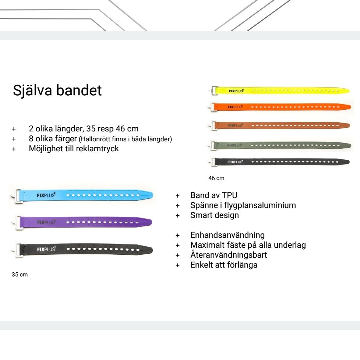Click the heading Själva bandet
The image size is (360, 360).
pyautogui.click(x=57, y=90)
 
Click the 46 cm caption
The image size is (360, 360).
pyautogui.click(x=216, y=178)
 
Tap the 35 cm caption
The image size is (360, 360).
pyautogui.click(x=20, y=274)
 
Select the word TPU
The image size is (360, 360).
pyautogui.click(x=230, y=195)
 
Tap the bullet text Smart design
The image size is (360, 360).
pyautogui.click(x=214, y=215)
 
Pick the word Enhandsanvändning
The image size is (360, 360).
pyautogui.click(x=227, y=235)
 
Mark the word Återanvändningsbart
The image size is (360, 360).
pyautogui.click(x=229, y=255)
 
